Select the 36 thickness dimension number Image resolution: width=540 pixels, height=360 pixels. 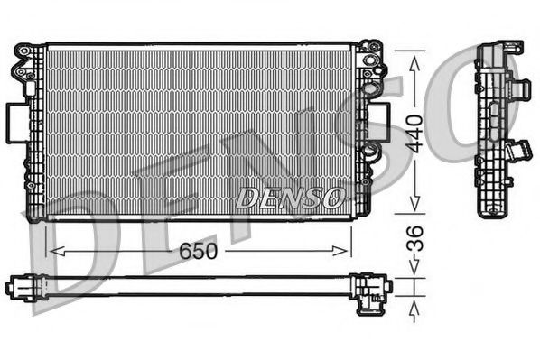pyautogui.click(x=414, y=242)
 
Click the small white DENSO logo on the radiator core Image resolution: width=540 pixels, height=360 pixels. pyautogui.click(x=289, y=196)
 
